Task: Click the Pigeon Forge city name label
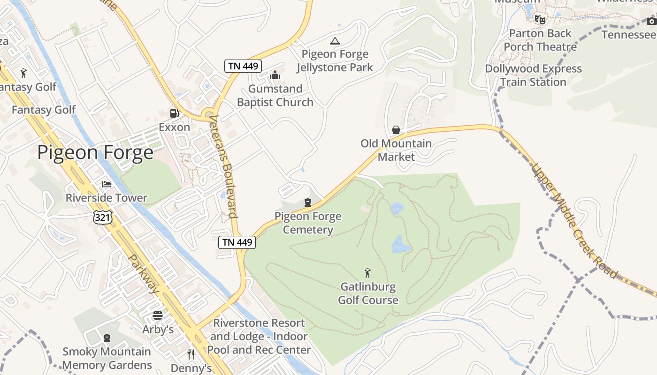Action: [x=95, y=153]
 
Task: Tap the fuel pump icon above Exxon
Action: [x=174, y=113]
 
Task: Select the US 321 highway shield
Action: [x=102, y=217]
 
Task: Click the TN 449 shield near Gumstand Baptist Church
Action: [x=243, y=66]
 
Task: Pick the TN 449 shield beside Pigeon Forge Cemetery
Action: [x=237, y=242]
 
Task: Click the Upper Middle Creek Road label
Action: [x=574, y=220]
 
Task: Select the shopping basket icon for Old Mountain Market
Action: [x=396, y=129]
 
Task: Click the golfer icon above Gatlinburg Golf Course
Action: [x=368, y=272]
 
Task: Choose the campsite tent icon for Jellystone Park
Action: [x=335, y=41]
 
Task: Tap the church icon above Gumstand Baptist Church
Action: [x=275, y=75]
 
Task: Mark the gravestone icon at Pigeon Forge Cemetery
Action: [x=308, y=202]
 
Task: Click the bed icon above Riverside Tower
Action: [x=107, y=184]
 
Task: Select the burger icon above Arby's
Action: [x=158, y=315]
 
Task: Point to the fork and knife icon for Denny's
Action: [x=191, y=354]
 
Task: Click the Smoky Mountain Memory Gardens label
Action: [x=107, y=358]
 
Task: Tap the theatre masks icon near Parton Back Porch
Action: [x=540, y=20]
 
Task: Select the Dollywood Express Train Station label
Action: [x=533, y=75]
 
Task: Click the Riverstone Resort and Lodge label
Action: [x=259, y=337]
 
